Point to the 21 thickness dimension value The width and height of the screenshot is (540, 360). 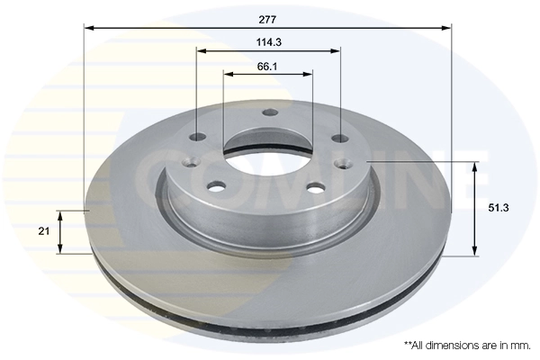tap(43, 231)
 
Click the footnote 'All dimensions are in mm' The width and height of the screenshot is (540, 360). tap(467, 345)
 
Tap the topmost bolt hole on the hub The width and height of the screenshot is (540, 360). tap(267, 114)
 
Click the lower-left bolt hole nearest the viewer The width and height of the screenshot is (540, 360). tap(216, 187)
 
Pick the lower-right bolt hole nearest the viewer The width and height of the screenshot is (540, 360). tap(316, 188)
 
